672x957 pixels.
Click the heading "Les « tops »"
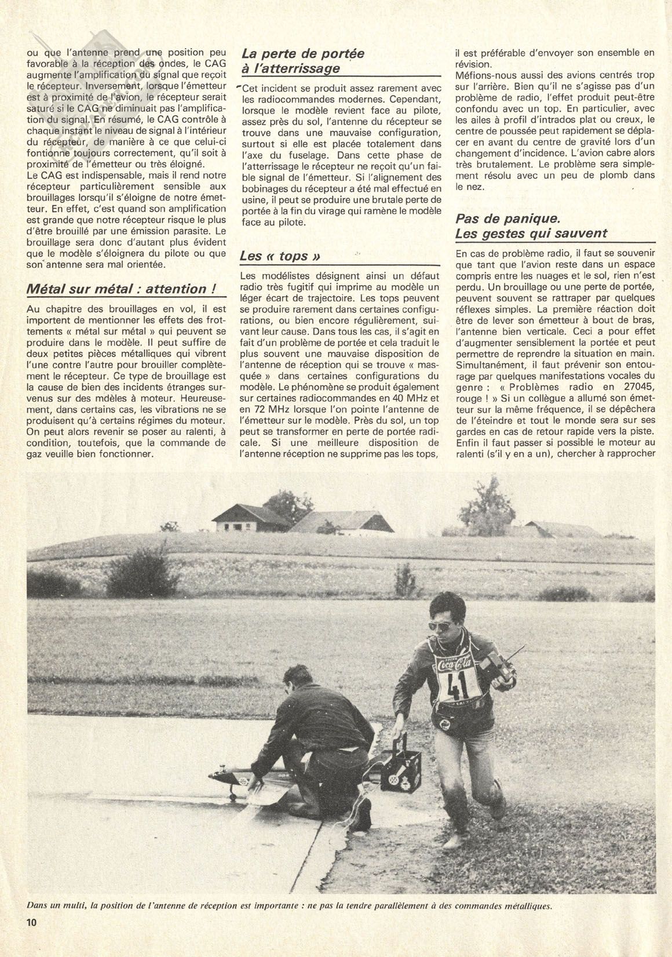(280, 256)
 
